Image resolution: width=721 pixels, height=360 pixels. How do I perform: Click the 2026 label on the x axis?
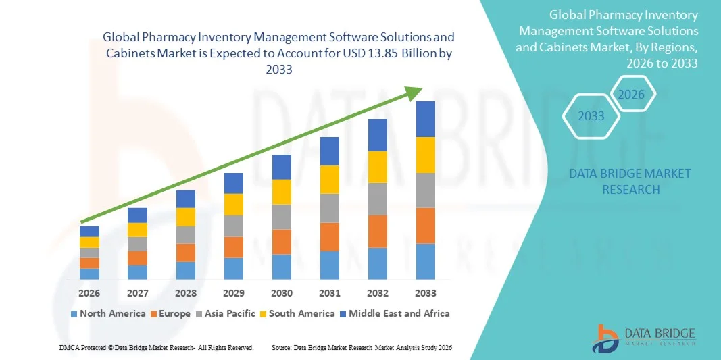(89, 293)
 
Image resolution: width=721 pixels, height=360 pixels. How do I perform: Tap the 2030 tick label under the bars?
(282, 293)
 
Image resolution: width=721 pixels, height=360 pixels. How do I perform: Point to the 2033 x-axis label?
(426, 293)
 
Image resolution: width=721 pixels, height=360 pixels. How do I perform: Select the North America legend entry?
(107, 313)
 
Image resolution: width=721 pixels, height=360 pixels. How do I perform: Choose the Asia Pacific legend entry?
(226, 313)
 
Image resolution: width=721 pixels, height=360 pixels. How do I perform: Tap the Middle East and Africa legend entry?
(395, 313)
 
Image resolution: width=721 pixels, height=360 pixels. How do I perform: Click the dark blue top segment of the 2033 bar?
(426, 119)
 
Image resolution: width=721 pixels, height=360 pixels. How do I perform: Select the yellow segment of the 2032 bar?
(378, 167)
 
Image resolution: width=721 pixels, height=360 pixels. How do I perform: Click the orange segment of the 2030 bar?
(282, 241)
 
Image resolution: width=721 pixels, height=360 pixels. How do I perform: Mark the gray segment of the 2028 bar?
(185, 234)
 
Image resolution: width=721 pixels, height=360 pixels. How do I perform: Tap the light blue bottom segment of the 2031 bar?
(330, 265)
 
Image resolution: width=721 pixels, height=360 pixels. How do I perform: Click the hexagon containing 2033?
(592, 116)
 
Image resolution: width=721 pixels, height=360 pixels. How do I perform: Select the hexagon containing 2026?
(632, 95)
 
